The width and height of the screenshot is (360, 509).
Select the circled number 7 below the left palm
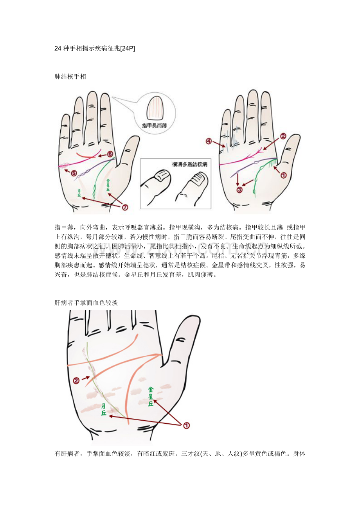point(125,207)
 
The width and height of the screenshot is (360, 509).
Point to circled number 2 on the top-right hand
point(283,136)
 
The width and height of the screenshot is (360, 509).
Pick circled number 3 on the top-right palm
point(239,190)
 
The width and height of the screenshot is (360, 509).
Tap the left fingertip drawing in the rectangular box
point(157,186)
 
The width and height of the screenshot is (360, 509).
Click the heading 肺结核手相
point(70,77)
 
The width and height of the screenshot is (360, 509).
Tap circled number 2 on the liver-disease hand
point(77,380)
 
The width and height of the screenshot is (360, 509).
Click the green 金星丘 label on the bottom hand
point(151,396)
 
